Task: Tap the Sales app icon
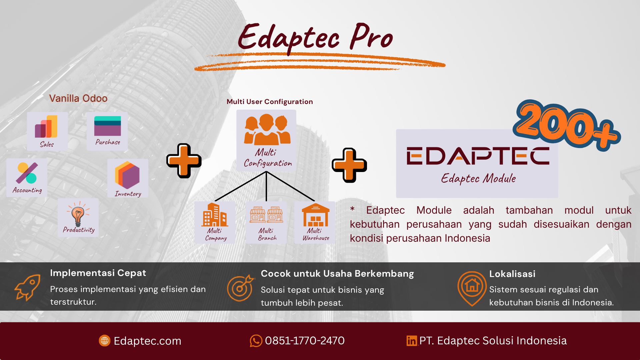click(x=46, y=127)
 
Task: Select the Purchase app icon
click(x=108, y=126)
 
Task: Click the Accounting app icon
click(x=27, y=173)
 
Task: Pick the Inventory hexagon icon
click(x=127, y=175)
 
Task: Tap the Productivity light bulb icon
click(x=78, y=214)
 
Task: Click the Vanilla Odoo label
click(x=78, y=98)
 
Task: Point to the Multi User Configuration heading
click(x=270, y=102)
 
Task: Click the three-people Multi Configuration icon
click(x=267, y=130)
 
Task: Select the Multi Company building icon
click(x=215, y=215)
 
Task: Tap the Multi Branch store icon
click(x=266, y=214)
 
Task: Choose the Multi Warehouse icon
click(x=315, y=215)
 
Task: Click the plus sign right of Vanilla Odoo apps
click(x=184, y=161)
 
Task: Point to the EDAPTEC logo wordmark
click(x=478, y=156)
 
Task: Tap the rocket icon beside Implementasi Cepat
click(x=27, y=287)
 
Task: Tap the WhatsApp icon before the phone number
click(x=256, y=341)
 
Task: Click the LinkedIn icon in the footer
click(x=412, y=341)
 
